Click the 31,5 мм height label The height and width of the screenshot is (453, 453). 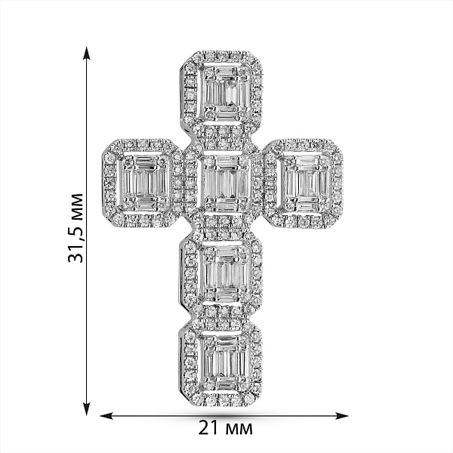pos(75,228)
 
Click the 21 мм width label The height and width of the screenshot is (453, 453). pos(225,428)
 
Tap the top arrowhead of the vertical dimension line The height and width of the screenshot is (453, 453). pos(86,53)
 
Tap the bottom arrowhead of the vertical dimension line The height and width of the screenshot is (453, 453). pos(86,409)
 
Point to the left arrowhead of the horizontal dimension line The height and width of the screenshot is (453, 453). pos(106,416)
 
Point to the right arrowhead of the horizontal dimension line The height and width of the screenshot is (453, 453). pos(341,416)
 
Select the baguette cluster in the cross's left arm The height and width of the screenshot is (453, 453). pos(143,183)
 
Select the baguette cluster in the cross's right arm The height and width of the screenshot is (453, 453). pos(307,183)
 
